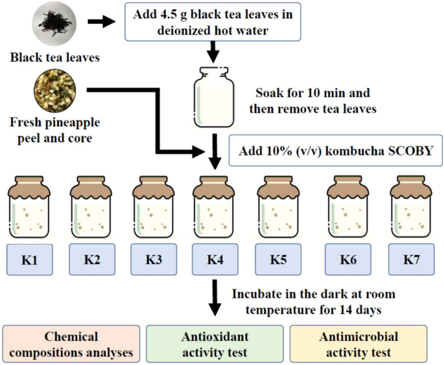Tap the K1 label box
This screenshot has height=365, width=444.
click(29, 260)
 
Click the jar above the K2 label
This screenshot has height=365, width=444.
click(92, 206)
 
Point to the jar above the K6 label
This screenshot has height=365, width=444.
click(349, 206)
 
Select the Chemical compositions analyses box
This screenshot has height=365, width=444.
click(71, 344)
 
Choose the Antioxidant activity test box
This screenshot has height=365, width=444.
click(215, 344)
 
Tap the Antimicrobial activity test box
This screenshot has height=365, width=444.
click(358, 344)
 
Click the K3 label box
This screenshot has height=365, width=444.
click(154, 260)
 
